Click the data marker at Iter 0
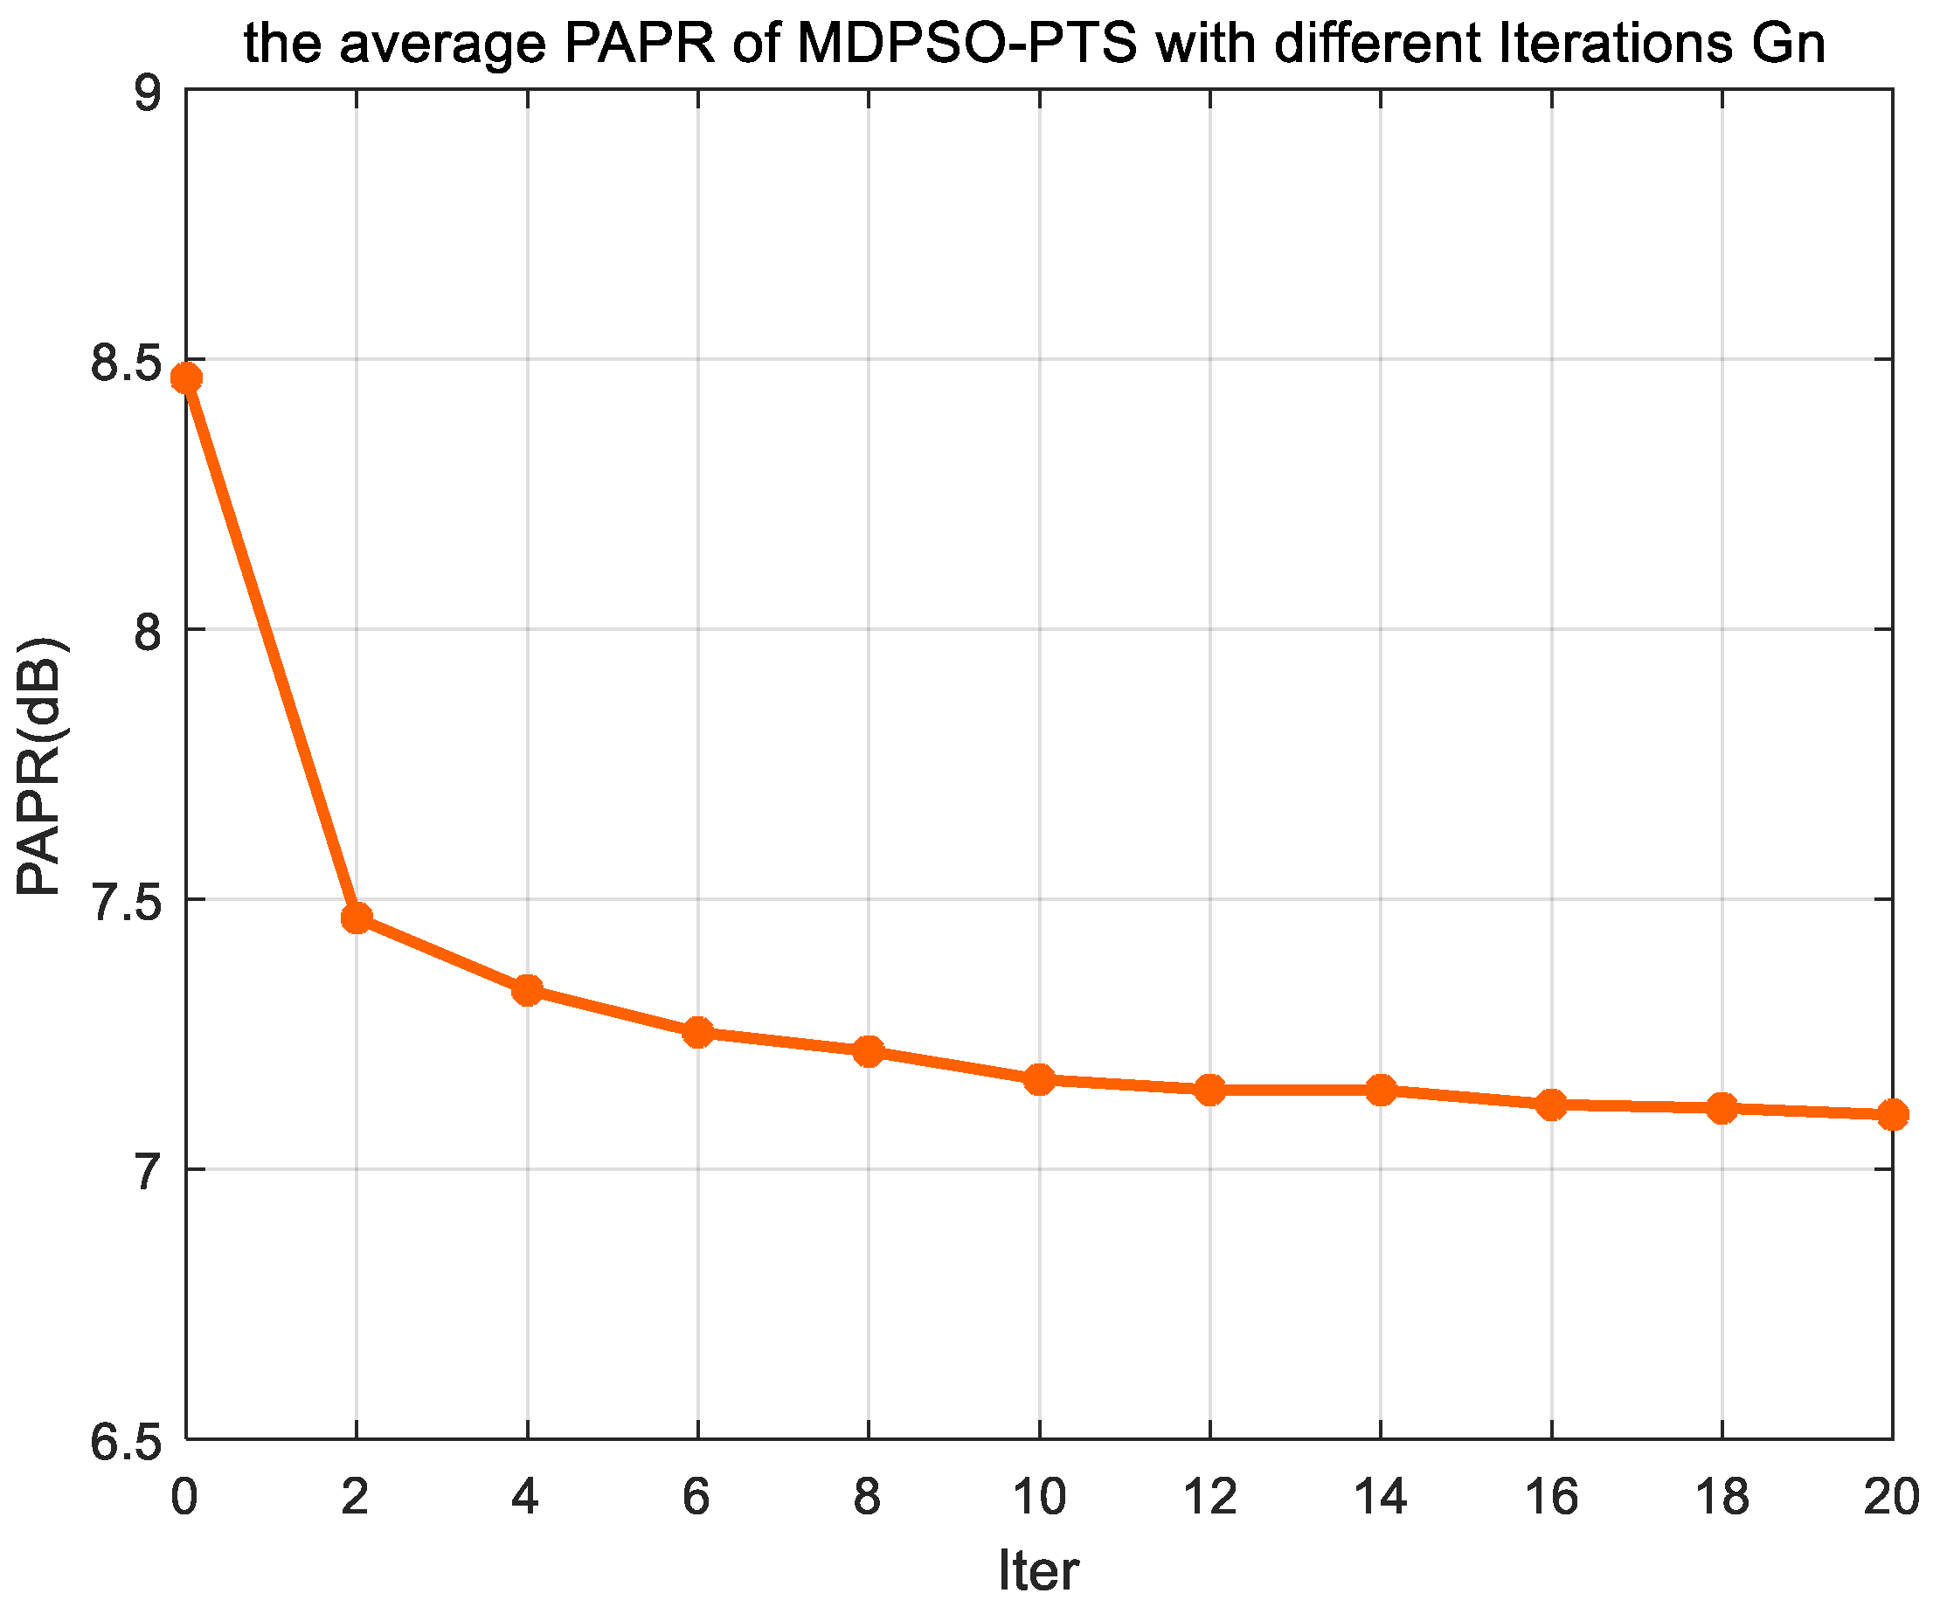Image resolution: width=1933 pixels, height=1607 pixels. point(187,378)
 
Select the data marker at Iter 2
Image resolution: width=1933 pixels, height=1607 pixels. point(357,918)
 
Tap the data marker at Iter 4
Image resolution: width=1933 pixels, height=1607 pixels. point(528,990)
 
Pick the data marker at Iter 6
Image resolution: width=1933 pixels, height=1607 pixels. point(698,1033)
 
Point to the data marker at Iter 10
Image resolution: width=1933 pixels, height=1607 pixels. point(1040,1078)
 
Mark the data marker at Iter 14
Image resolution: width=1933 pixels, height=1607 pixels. point(1381,1090)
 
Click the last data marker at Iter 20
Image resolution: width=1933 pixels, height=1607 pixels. point(1893,1115)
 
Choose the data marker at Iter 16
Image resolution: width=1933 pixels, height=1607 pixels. point(1552,1105)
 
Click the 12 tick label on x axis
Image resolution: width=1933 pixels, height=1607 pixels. point(1209,1497)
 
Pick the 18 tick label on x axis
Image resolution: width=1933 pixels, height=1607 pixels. point(1722,1497)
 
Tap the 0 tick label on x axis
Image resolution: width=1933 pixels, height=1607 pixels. point(185,1497)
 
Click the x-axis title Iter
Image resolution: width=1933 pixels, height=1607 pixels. point(1038,1569)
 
